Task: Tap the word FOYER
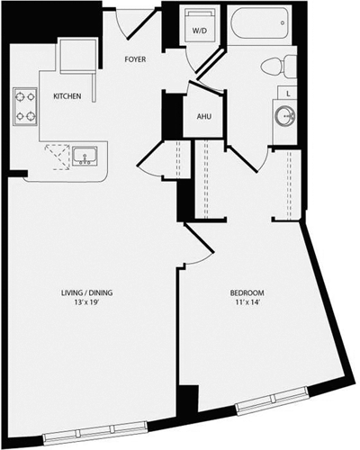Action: (x=137, y=61)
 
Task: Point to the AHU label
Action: (x=203, y=116)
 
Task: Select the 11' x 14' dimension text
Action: (x=247, y=305)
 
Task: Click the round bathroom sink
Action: (x=285, y=115)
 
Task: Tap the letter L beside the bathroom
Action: (x=285, y=93)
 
